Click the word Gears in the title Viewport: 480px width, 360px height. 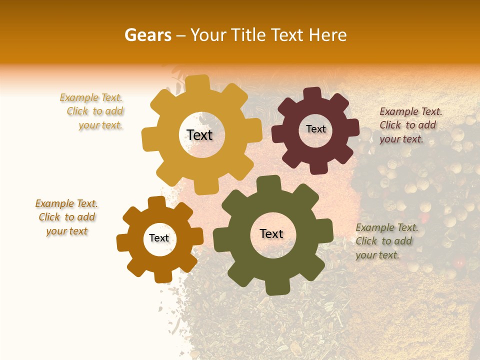[147, 35]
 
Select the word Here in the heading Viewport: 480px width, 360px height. [328, 35]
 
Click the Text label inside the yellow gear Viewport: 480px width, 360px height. [199, 135]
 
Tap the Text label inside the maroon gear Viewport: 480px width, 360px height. [315, 129]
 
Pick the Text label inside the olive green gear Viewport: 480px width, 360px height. [271, 233]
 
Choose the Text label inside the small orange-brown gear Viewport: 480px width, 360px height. [158, 238]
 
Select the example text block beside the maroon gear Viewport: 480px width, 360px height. [410, 125]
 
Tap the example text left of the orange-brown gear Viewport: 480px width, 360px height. [67, 217]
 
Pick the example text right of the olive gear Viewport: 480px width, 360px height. [386, 241]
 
